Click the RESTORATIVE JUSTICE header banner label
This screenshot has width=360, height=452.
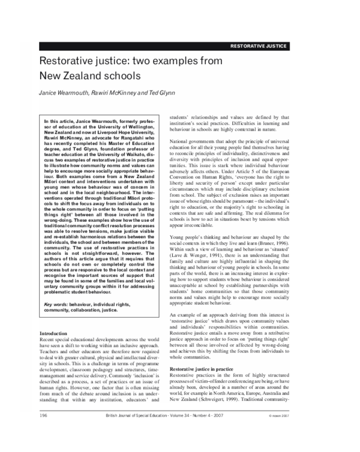pos(259,46)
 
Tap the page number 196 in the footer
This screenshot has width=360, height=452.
pos(44,415)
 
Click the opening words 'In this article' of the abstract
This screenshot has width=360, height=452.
pos(61,121)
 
